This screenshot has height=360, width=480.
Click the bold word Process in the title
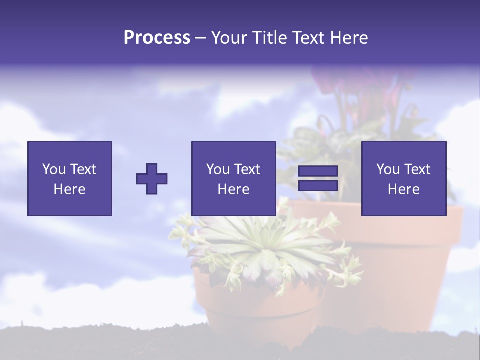point(157,38)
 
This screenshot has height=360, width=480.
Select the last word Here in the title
point(349,38)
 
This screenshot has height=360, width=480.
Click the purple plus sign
point(152,179)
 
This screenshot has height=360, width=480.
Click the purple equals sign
point(318,178)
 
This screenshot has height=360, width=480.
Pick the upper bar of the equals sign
point(318,171)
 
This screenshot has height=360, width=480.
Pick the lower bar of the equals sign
point(318,185)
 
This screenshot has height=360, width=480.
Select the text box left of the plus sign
point(70,178)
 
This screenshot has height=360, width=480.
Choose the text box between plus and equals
point(233,178)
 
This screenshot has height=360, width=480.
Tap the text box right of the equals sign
point(404,178)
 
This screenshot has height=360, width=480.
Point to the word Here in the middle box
point(233,189)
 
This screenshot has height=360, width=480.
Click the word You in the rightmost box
point(388,169)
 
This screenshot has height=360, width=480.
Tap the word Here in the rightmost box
point(404,189)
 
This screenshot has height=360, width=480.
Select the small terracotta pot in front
point(260,305)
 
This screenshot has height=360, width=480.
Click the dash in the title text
point(200,38)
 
